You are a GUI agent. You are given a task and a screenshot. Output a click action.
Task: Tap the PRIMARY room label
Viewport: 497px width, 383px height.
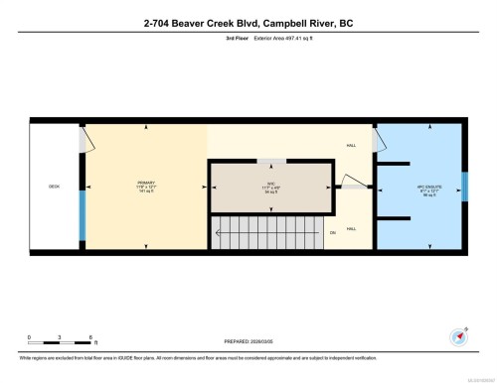[x=147, y=185]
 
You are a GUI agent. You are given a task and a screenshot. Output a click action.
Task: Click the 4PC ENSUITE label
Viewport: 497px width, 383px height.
[x=418, y=185]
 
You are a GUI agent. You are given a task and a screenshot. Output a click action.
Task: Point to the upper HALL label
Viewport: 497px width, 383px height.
[x=351, y=146]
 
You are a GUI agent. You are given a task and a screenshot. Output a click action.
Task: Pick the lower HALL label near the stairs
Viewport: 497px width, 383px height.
[x=351, y=228]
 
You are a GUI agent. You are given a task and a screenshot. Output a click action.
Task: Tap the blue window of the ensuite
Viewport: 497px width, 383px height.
[x=464, y=186]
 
